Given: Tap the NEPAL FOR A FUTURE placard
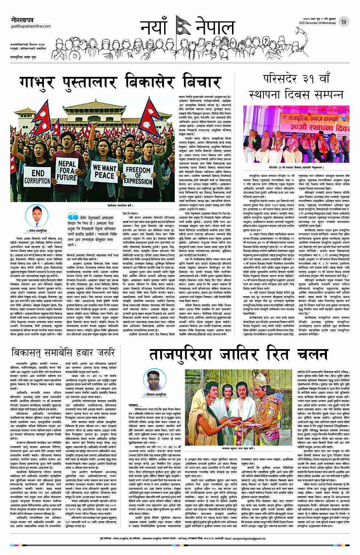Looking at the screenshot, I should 67,171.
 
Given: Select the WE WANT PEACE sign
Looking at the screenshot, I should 104,172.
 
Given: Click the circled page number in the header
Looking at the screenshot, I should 343,22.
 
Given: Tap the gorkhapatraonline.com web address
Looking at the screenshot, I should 31,26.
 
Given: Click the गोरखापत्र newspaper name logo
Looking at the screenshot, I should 23,20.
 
